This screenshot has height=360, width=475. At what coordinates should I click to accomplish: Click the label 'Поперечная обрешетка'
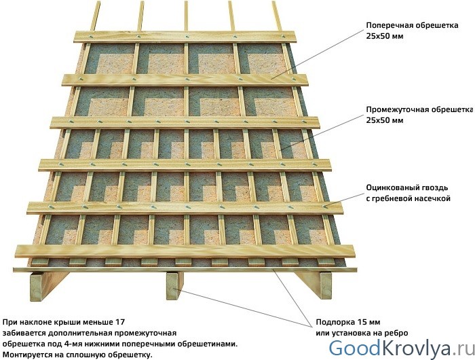412,25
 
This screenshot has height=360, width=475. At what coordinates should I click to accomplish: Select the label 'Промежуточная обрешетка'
419,109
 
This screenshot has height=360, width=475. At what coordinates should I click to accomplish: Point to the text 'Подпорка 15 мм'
347,322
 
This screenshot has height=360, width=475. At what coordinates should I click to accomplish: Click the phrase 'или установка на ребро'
362,333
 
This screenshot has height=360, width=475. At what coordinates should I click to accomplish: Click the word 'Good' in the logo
354,348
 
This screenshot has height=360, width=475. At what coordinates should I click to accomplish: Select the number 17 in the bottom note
120,322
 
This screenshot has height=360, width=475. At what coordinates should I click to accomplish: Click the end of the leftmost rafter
37,287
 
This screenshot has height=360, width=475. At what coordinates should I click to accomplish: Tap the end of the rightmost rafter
324,286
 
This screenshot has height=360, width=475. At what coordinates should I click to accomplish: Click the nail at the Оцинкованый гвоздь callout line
324,206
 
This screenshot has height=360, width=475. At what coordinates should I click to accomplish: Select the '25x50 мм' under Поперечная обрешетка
385,37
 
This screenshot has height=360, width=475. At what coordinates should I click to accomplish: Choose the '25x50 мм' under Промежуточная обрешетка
385,120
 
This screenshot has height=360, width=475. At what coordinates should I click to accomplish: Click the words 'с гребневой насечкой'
408,198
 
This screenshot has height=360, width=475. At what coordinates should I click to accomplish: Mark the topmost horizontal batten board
185,37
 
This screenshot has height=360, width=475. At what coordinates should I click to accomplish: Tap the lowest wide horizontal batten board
185,251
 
